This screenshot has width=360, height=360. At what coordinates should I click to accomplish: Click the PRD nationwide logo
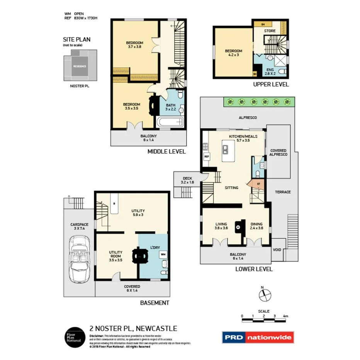click(258, 337)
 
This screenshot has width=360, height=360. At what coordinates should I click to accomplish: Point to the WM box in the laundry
click(163, 255)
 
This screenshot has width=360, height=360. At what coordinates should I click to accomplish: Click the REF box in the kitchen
click(206, 156)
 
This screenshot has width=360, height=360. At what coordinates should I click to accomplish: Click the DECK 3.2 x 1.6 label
click(187, 180)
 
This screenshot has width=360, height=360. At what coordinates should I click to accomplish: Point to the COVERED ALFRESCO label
click(278, 152)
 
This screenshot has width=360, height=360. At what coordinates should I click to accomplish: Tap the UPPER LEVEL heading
click(271, 85)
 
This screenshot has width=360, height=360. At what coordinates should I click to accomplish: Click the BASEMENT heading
click(155, 303)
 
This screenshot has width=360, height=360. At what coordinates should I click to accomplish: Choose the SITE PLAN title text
click(77, 39)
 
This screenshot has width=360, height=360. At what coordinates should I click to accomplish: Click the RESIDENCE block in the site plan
click(80, 66)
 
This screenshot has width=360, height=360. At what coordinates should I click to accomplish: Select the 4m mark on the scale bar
click(285, 316)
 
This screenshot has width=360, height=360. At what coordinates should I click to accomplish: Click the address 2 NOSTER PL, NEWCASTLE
click(133, 329)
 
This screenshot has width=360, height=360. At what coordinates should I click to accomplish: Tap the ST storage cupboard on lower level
click(258, 183)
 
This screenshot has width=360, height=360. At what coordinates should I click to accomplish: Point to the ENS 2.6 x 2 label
click(270, 71)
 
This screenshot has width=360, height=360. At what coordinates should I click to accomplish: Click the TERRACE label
click(282, 192)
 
